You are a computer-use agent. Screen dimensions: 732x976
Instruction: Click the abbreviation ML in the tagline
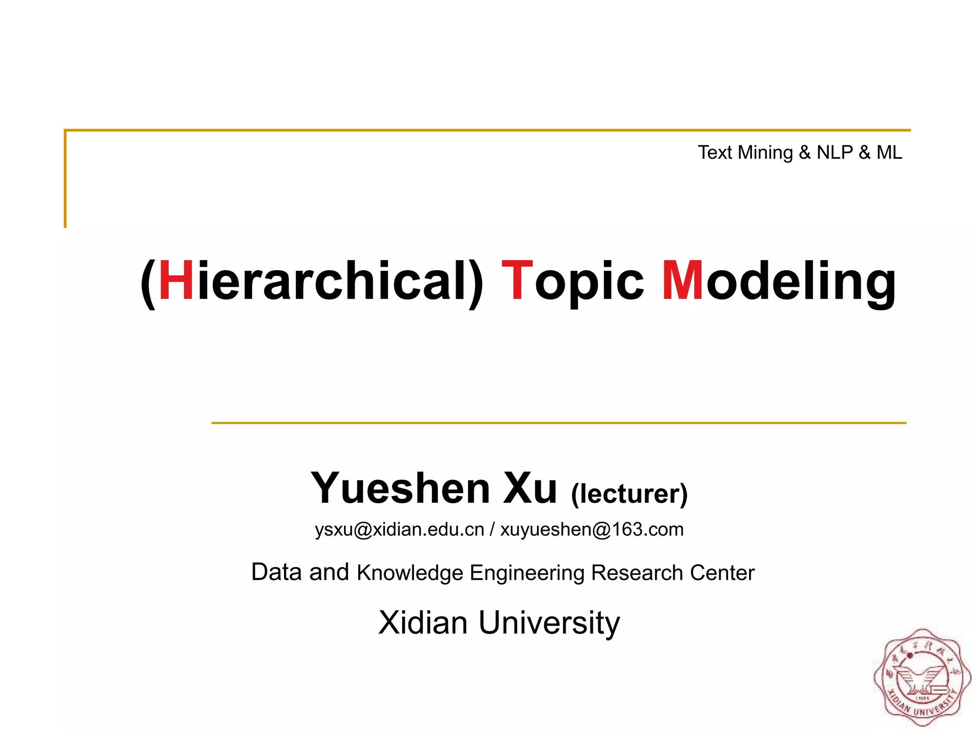click(x=889, y=152)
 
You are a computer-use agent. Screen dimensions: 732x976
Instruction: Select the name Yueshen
click(x=400, y=488)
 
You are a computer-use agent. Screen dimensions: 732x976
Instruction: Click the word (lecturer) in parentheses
click(x=629, y=494)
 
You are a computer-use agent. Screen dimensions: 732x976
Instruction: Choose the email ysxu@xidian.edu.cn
click(x=399, y=529)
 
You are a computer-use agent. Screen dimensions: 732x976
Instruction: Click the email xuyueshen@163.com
click(x=592, y=529)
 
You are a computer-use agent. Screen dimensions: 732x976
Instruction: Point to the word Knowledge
click(x=410, y=573)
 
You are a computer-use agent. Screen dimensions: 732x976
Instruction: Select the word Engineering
click(x=527, y=573)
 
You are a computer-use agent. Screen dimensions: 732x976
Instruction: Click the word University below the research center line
click(x=549, y=622)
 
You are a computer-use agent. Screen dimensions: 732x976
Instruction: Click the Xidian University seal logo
click(x=922, y=677)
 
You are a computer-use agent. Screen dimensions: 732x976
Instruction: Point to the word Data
click(x=276, y=572)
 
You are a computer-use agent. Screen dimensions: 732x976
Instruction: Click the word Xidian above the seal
click(x=423, y=622)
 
